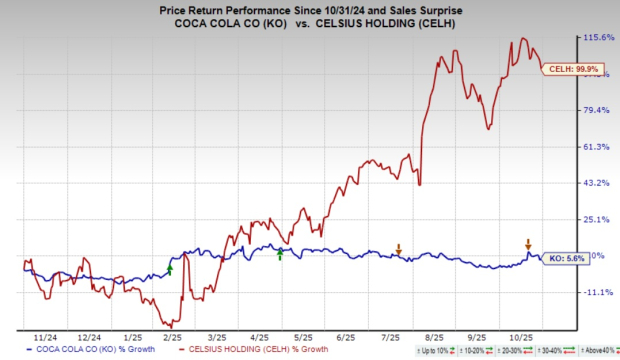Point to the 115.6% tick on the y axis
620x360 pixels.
597,38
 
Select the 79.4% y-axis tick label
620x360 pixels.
596,110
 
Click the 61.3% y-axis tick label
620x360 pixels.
596,147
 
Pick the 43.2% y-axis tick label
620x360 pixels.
596,183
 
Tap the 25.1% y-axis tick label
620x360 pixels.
596,219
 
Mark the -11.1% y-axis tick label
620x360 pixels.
597,292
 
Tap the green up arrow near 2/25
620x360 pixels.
170,268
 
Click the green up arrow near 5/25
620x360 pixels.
280,255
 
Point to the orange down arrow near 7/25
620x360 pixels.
399,248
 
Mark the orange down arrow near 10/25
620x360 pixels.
529,243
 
